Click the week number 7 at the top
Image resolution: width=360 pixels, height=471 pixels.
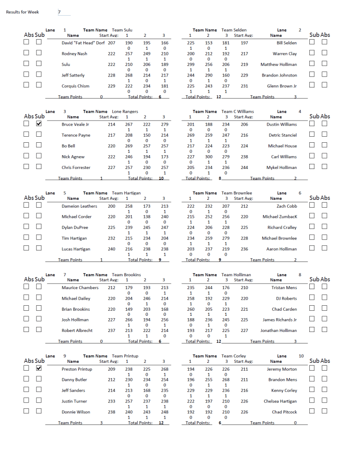click(x=59, y=12)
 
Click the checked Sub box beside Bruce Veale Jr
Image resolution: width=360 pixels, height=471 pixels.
click(x=39, y=124)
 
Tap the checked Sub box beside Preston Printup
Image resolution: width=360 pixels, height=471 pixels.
click(x=39, y=368)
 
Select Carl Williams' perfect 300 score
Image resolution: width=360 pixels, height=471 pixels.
click(x=208, y=157)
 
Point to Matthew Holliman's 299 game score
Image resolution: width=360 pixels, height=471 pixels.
click(x=191, y=65)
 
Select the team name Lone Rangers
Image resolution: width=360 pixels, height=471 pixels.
click(x=125, y=111)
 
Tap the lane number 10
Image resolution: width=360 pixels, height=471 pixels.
click(x=301, y=356)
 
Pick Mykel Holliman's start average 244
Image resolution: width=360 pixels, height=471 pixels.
click(x=244, y=168)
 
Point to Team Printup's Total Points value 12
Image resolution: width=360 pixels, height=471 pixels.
click(x=161, y=423)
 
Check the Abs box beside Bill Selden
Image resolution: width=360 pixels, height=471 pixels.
click(x=325, y=42)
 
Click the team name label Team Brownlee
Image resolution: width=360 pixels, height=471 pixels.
click(x=237, y=193)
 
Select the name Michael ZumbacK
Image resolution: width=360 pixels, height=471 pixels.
click(x=280, y=217)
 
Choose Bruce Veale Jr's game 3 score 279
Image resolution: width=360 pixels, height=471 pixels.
click(x=164, y=124)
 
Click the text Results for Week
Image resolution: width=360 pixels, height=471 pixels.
click(x=23, y=12)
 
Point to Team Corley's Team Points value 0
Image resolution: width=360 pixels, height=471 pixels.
click(x=295, y=423)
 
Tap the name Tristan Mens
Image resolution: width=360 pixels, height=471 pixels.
click(x=284, y=288)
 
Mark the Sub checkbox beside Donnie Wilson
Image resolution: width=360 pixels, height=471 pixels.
click(x=39, y=411)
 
